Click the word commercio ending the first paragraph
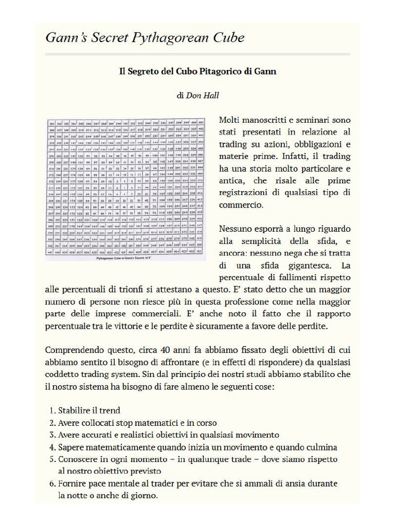point(240,204)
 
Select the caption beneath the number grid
point(125,259)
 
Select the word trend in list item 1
point(110,410)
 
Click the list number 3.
point(52,435)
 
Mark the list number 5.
point(52,459)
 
